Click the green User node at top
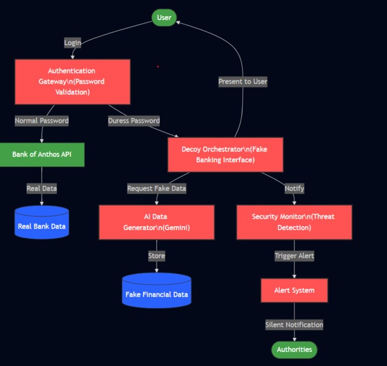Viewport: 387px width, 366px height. point(164,17)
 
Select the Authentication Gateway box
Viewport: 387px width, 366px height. point(72,82)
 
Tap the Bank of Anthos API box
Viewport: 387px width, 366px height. point(42,155)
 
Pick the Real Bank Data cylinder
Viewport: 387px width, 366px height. point(42,224)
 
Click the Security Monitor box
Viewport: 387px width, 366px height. point(294,222)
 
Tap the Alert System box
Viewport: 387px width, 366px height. point(294,291)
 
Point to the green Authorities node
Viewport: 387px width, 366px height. point(294,349)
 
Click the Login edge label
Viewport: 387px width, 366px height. point(73,43)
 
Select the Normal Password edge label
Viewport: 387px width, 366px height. point(42,120)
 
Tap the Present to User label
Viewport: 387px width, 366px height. point(243,82)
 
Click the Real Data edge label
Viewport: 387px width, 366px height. point(42,188)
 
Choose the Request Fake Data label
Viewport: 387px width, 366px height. point(156,188)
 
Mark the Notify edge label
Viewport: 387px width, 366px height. point(294,188)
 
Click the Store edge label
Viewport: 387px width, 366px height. point(156,256)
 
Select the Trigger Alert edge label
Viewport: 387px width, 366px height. point(294,256)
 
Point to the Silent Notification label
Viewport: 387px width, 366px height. point(294,325)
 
